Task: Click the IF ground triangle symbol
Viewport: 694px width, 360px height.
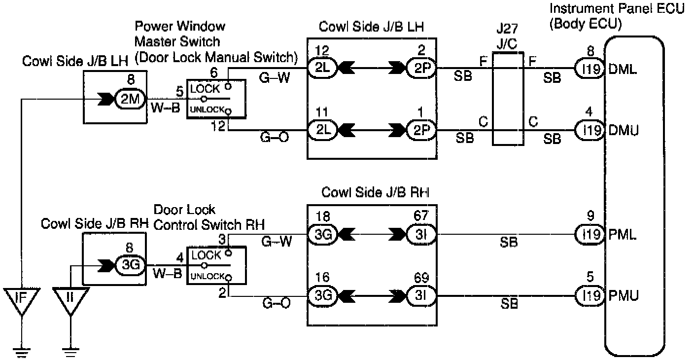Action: click(x=21, y=299)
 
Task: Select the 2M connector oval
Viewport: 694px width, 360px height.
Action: click(x=130, y=99)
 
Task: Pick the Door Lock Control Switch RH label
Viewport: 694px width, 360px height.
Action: click(x=209, y=217)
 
